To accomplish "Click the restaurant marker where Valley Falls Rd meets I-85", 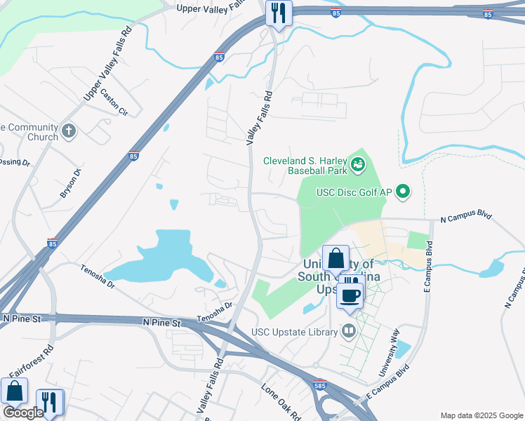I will (279, 13).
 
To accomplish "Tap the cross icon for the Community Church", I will (69, 131).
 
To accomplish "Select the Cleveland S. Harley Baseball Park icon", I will (359, 165).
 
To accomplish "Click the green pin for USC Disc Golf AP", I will (403, 191).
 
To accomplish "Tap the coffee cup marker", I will (350, 295).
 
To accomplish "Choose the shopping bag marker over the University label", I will (336, 258).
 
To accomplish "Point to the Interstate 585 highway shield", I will (319, 385).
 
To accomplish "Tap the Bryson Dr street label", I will (71, 182).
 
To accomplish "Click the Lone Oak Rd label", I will (281, 398).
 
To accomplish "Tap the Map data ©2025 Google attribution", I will (481, 415).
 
